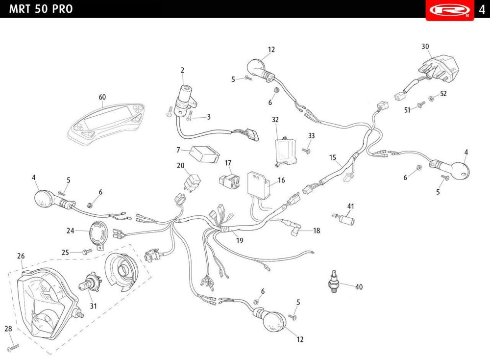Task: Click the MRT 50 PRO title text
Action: tap(41, 9)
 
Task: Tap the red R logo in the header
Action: tap(450, 10)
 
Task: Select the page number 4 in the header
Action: tap(482, 9)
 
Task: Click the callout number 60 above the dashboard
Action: tap(102, 97)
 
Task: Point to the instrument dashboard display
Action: tap(107, 124)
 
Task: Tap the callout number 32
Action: tap(275, 120)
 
